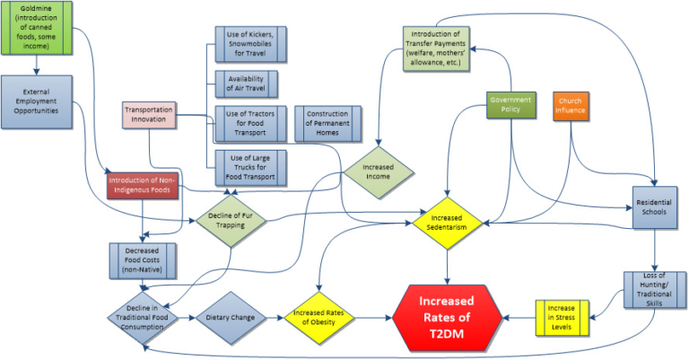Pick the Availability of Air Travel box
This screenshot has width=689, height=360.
pyautogui.click(x=246, y=83)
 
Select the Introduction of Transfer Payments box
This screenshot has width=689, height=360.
pyautogui.click(x=434, y=46)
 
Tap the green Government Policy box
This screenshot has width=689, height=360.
pyautogui.click(x=510, y=104)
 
